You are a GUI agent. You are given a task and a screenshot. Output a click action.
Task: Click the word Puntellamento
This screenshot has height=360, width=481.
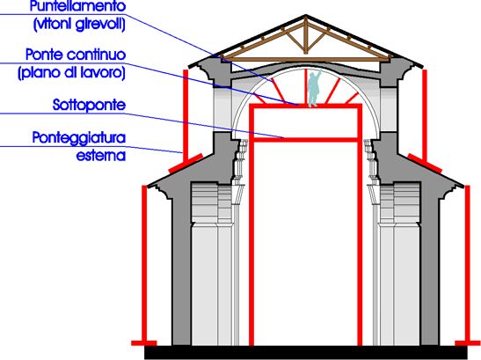pyautogui.click(x=78, y=6)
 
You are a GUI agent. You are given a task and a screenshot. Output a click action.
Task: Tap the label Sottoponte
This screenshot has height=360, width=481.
pyautogui.click(x=90, y=105)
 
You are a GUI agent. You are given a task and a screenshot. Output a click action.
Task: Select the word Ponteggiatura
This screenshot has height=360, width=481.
pyautogui.click(x=79, y=138)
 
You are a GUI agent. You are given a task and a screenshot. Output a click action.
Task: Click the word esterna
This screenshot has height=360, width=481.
pyautogui.click(x=101, y=156)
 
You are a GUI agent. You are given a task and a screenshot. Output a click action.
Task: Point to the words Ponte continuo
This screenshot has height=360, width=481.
pyautogui.click(x=76, y=55)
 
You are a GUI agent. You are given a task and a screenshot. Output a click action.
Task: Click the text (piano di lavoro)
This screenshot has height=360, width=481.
pyautogui.click(x=72, y=73)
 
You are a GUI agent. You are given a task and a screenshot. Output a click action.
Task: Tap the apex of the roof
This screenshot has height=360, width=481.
pyautogui.click(x=305, y=15)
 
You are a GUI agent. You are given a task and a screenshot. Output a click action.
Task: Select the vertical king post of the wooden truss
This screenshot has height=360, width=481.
pyautogui.click(x=305, y=35)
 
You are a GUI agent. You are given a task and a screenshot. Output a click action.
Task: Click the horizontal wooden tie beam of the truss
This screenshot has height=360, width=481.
pyautogui.click(x=305, y=60)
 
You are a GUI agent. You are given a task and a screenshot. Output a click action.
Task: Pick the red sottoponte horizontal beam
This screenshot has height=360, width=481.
pyautogui.click(x=306, y=140)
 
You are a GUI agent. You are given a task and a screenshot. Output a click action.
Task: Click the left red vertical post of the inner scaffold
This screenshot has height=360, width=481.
pyautogui.click(x=251, y=224)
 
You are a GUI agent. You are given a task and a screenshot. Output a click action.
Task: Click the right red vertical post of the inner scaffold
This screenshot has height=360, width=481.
pyautogui.click(x=360, y=224)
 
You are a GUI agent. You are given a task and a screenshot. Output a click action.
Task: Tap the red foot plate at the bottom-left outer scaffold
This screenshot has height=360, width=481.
pyautogui.click(x=144, y=343)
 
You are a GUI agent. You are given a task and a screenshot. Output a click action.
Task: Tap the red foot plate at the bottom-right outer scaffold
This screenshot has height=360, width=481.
pyautogui.click(x=467, y=343)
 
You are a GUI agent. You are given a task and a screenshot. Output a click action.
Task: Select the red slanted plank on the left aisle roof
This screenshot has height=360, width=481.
pyautogui.click(x=186, y=163)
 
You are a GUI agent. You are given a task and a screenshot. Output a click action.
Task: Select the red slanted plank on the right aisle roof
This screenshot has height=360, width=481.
pyautogui.click(x=425, y=163)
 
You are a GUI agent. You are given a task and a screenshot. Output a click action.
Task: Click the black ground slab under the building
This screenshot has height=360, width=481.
pyautogui.click(x=305, y=353)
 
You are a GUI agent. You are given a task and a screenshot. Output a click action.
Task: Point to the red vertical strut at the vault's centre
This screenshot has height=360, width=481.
pyautogui.click(x=305, y=86)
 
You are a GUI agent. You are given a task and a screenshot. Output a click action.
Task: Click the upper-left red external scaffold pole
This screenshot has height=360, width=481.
pyautogui.click(x=186, y=116)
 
